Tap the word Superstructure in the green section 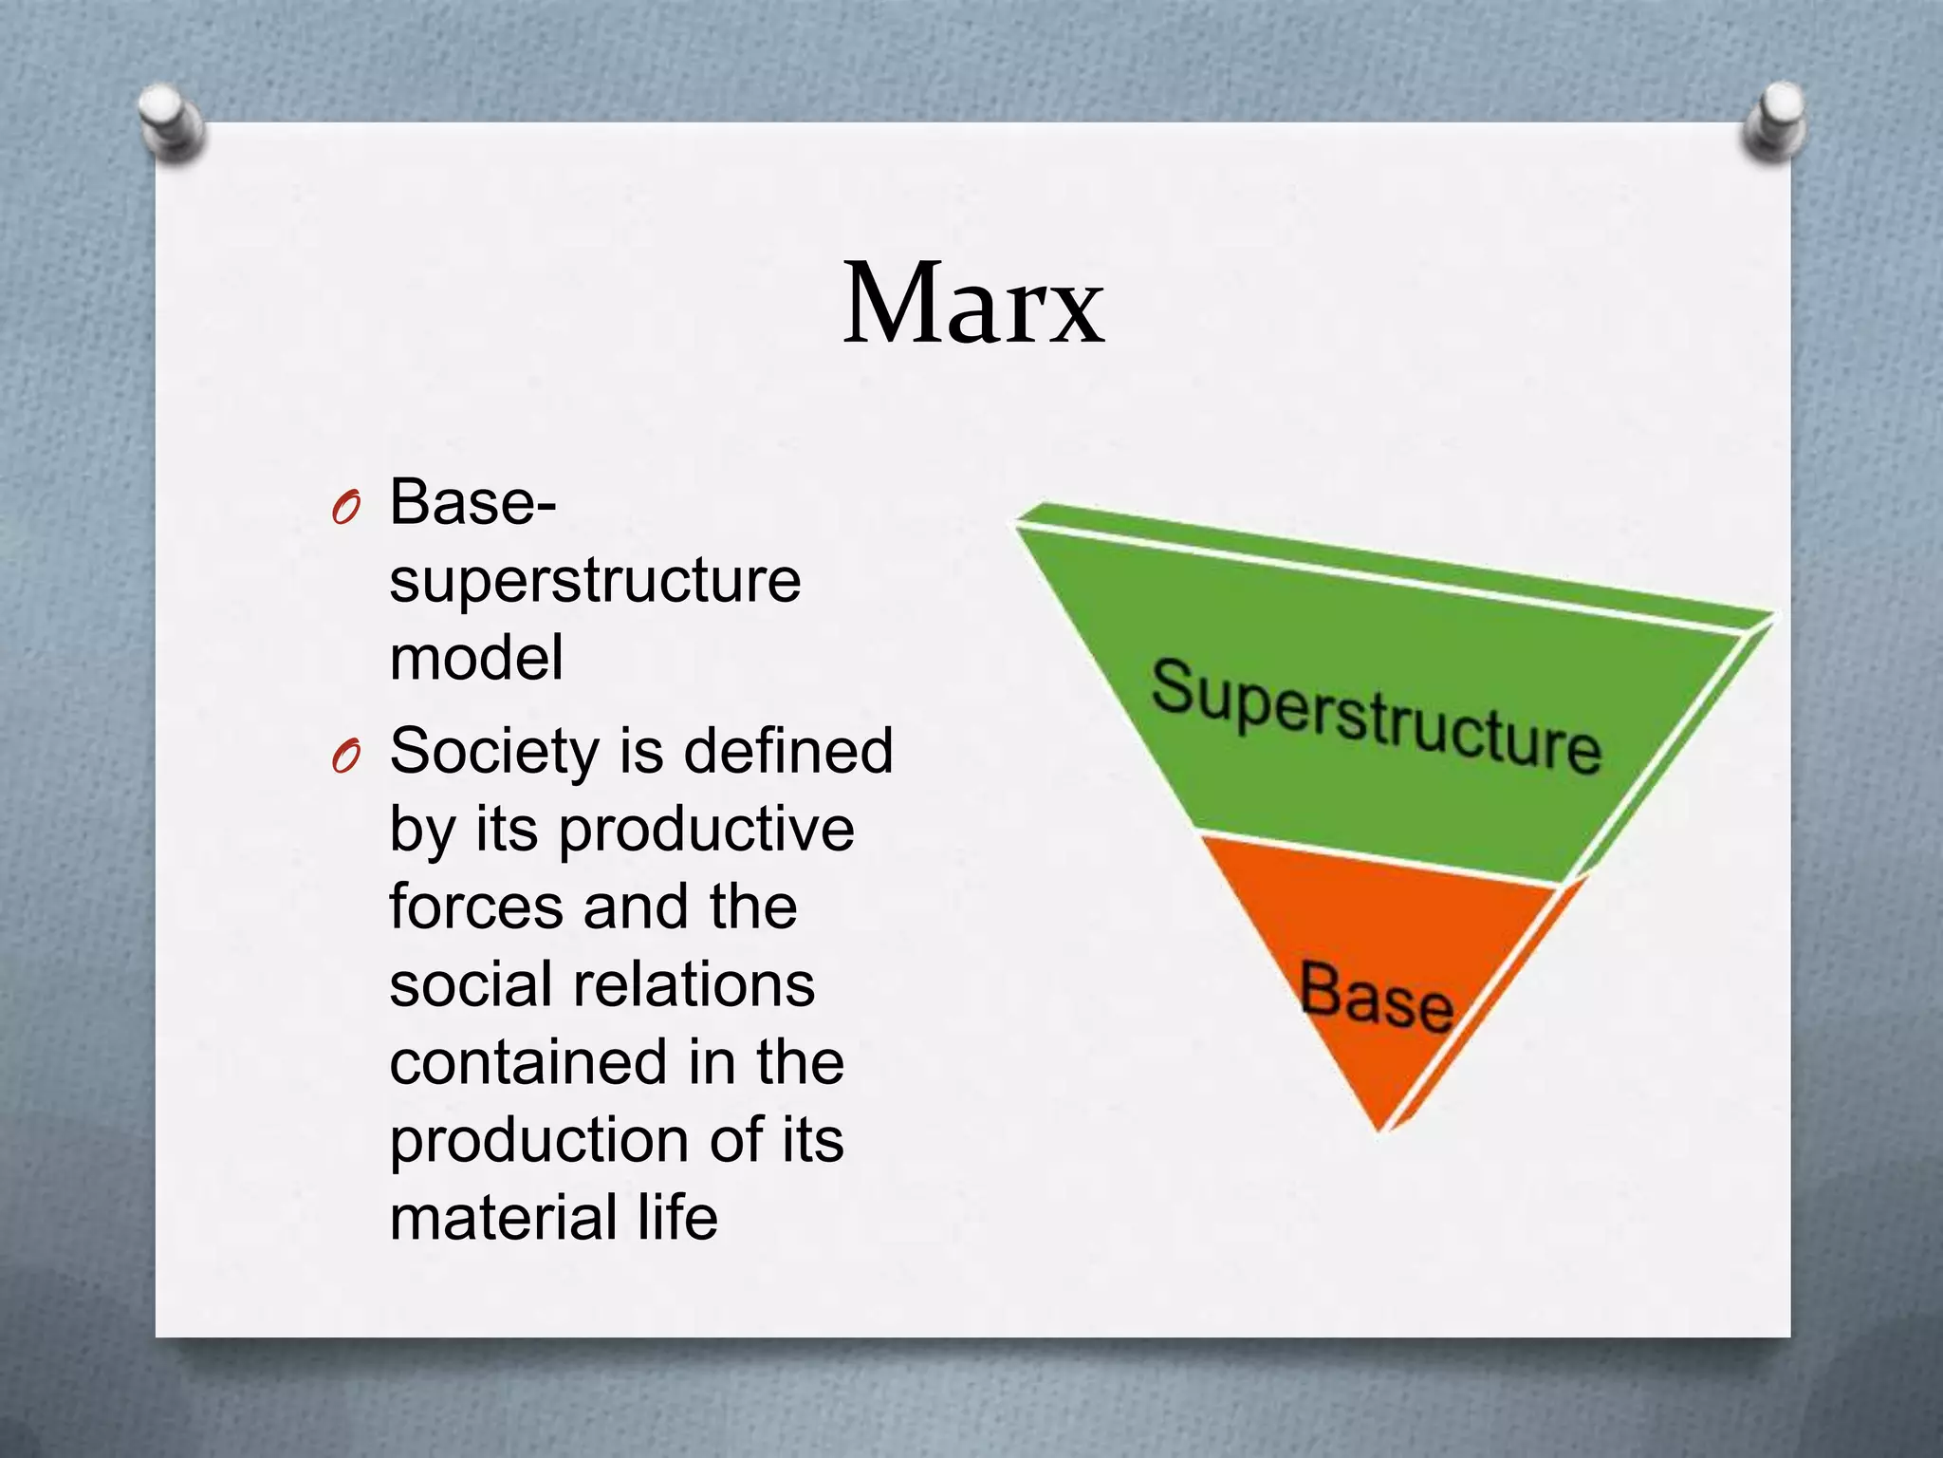tap(1376, 717)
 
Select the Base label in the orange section tap(1376, 997)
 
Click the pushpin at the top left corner tap(170, 121)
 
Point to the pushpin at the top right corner tap(1774, 121)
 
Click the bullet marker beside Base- tap(345, 510)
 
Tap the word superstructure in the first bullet tap(595, 581)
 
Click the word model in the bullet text tap(476, 658)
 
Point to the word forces tap(476, 907)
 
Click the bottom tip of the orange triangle tap(1380, 1128)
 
